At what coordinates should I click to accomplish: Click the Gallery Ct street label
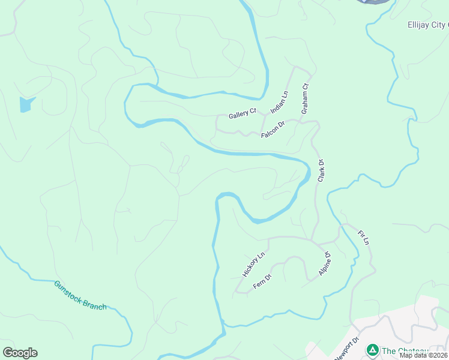pos(243,113)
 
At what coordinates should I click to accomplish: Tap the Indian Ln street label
pos(279,102)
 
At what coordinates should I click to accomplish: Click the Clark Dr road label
pos(321,171)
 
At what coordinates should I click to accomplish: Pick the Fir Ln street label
pos(363,237)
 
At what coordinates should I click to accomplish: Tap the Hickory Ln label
pos(253,265)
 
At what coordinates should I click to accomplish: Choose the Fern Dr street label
pos(262,281)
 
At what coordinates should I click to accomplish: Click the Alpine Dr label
pos(325,265)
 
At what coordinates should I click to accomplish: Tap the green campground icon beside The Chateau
pos(372,350)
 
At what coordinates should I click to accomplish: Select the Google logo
pos(20,352)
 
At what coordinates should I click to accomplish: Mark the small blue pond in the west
pos(25,104)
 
